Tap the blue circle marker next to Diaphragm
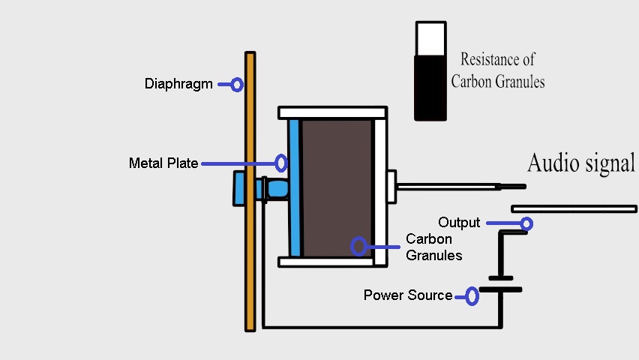pyautogui.click(x=237, y=85)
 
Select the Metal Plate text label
pyautogui.click(x=163, y=163)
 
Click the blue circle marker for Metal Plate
pyautogui.click(x=281, y=163)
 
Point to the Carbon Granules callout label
pyautogui.click(x=433, y=247)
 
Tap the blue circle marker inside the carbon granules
pyautogui.click(x=359, y=246)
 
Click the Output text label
pyautogui.click(x=459, y=223)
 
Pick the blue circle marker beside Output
pyautogui.click(x=526, y=223)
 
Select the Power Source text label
pyautogui.click(x=408, y=295)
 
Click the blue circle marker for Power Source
pyautogui.click(x=472, y=296)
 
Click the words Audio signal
pyautogui.click(x=581, y=163)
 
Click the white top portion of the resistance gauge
pyautogui.click(x=430, y=37)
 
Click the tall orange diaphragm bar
pyautogui.click(x=250, y=225)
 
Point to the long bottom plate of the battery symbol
pyautogui.click(x=500, y=289)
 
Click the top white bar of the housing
pyautogui.click(x=332, y=112)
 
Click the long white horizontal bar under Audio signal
pyautogui.click(x=573, y=208)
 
